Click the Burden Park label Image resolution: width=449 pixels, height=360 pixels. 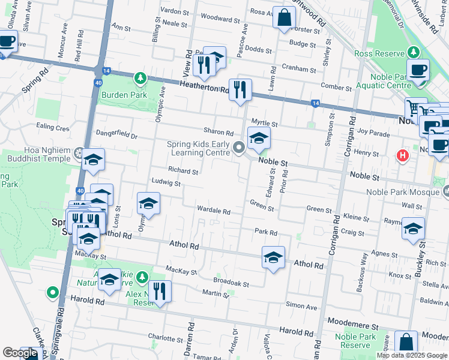click(124, 95)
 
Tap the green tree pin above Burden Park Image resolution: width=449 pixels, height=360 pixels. click(140, 78)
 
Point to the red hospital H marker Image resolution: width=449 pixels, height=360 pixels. click(403, 156)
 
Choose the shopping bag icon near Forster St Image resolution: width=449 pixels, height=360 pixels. click(284, 17)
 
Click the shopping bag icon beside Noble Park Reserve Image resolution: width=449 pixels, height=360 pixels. click(406, 342)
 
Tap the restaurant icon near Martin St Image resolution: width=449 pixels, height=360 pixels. click(160, 292)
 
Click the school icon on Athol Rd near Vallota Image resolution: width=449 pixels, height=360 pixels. click(273, 257)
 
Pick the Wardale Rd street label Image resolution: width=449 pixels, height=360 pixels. click(214, 211)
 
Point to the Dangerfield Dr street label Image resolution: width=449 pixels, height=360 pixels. click(117, 134)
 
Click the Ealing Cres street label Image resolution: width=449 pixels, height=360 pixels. click(53, 127)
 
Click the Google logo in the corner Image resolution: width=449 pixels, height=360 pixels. click(20, 353)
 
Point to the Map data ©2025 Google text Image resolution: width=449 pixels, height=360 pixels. click(411, 355)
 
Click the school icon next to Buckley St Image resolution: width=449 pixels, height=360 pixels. click(413, 229)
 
